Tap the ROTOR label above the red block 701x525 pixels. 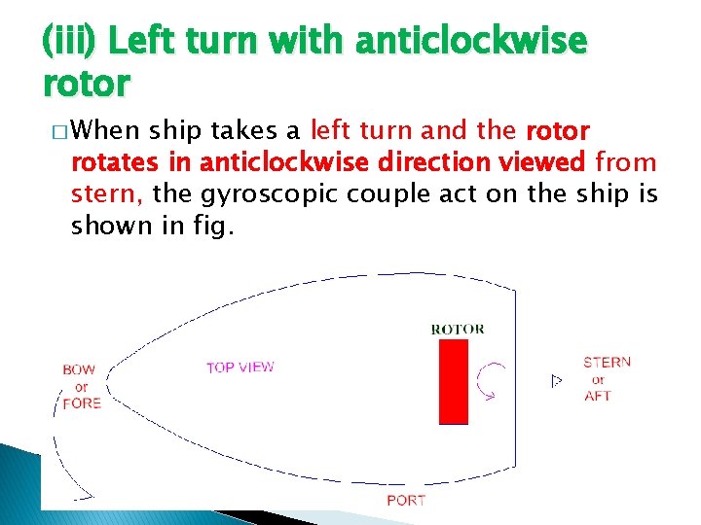coord(457,330)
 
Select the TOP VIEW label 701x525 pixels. coord(240,367)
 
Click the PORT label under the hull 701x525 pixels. coord(406,501)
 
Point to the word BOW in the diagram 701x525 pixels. coord(79,369)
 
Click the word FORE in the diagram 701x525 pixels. coord(82,403)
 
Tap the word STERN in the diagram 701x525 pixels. coord(607,362)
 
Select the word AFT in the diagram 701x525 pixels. coord(598,396)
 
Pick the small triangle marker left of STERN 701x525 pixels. coord(557,380)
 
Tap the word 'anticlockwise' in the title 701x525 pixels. coord(471,42)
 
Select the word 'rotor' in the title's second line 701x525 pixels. coord(86,85)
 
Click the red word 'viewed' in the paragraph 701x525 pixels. coord(539,162)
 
